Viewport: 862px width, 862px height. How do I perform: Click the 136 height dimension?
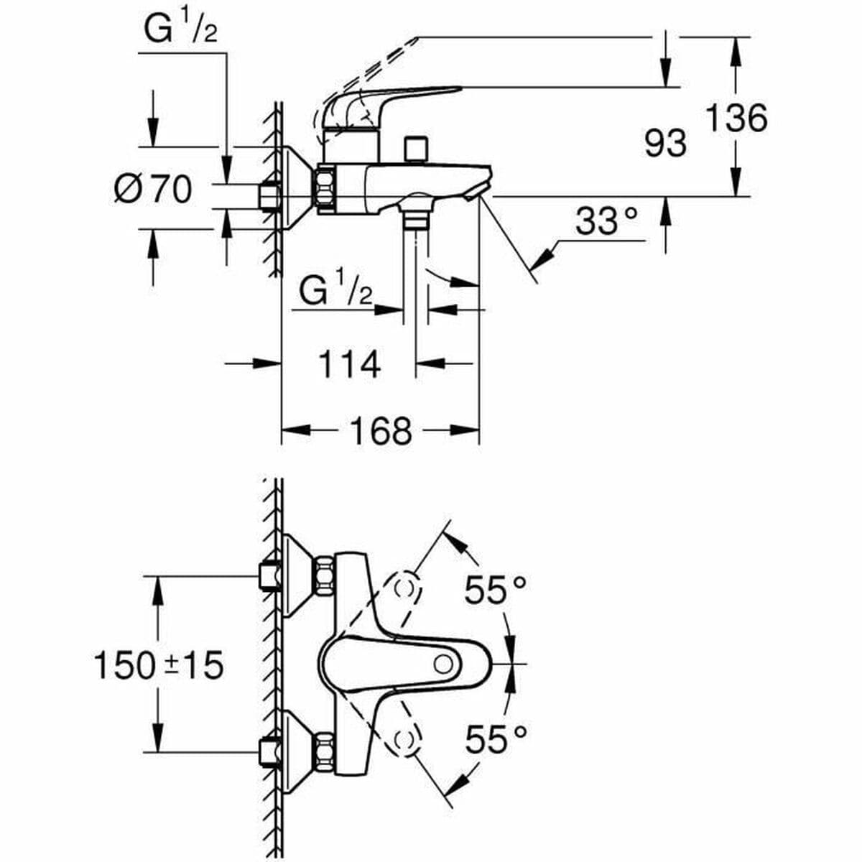736,117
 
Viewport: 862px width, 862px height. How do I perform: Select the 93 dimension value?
664,144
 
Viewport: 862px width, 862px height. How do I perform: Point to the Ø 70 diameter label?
153,190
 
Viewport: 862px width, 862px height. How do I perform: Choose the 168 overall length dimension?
380,431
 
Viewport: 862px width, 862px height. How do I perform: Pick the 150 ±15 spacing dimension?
159,666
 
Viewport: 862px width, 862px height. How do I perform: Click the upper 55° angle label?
495,590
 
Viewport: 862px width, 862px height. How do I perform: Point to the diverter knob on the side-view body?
415,149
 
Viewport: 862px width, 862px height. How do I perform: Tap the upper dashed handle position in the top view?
406,588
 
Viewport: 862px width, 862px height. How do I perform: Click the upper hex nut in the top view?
323,577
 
